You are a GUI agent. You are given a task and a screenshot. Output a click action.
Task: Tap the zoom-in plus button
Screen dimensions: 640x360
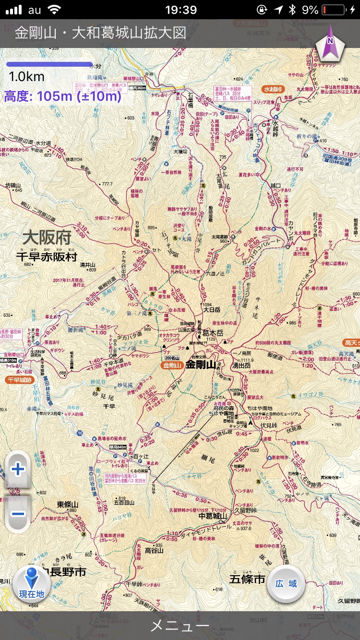pos(18,469)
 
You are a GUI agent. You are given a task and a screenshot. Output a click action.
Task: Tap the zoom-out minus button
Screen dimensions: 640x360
pos(18,514)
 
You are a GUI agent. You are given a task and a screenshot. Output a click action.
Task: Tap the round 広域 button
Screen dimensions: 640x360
pos(286,583)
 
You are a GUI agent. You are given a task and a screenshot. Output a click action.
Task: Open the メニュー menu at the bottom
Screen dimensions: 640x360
pos(180,626)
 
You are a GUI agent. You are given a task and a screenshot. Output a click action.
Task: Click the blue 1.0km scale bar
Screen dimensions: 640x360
pos(49,64)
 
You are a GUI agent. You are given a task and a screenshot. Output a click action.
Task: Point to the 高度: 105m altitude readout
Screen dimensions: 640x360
pos(62,96)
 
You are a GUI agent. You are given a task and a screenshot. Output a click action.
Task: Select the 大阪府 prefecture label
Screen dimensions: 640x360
pos(47,238)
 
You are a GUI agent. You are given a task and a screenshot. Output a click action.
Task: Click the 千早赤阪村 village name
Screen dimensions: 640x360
pos(46,257)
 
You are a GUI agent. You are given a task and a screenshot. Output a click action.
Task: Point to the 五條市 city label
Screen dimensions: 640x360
pos(247,580)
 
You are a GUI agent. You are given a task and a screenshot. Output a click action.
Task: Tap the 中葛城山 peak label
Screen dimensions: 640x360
pos(212,516)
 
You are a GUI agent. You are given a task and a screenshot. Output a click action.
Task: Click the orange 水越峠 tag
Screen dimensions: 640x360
pos(274,89)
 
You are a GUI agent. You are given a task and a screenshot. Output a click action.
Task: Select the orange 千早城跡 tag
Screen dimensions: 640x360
pos(19,379)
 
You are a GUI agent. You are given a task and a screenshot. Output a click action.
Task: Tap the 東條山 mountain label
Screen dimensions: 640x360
pos(67,504)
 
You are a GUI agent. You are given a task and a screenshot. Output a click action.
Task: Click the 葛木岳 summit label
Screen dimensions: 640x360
pos(213,332)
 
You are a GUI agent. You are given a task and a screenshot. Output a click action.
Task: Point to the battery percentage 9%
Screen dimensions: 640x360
pos(310,10)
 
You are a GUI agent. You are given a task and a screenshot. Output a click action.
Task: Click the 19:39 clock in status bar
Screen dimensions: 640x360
pos(180,10)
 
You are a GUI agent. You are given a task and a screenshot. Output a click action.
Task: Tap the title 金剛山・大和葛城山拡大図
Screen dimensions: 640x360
pos(100,33)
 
